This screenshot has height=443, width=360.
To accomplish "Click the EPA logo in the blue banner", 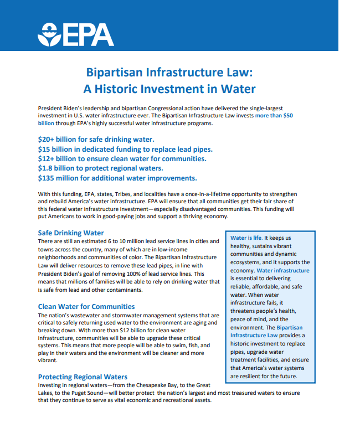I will pyautogui.click(x=75, y=34).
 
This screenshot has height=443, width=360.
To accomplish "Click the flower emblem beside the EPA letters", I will pyautogui.click(x=50, y=35).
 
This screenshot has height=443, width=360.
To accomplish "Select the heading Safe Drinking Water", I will pyautogui.click(x=71, y=233).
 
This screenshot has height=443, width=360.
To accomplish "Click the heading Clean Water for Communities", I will pyautogui.click(x=86, y=306).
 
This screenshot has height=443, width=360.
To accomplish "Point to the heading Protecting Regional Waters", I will pyautogui.click(x=83, y=377).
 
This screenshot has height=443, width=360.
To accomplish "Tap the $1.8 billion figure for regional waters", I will pyautogui.click(x=58, y=168).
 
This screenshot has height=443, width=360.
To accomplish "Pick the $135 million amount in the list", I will pyautogui.click(x=60, y=178).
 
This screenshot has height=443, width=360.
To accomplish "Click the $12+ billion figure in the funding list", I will pyautogui.click(x=59, y=159).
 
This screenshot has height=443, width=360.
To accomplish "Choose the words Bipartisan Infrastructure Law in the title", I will pyautogui.click(x=169, y=73).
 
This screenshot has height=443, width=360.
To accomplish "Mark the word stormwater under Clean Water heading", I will pyautogui.click(x=120, y=315).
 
